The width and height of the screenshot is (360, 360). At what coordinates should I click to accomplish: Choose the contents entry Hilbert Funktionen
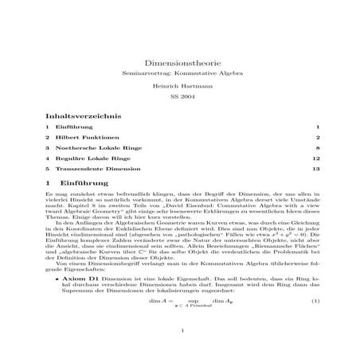coord(82,137)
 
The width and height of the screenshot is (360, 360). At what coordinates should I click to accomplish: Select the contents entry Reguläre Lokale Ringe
coord(88,158)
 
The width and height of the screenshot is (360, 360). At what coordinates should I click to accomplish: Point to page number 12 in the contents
coord(316,158)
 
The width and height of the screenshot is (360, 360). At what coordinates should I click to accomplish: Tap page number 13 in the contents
coord(316,169)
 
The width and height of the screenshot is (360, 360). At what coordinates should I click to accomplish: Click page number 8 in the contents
coord(318,148)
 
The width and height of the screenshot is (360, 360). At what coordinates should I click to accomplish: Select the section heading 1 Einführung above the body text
coord(76,184)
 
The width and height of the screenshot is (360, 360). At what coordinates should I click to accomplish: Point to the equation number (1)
coord(315,301)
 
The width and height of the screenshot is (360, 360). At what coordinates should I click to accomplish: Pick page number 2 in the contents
coord(318,137)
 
